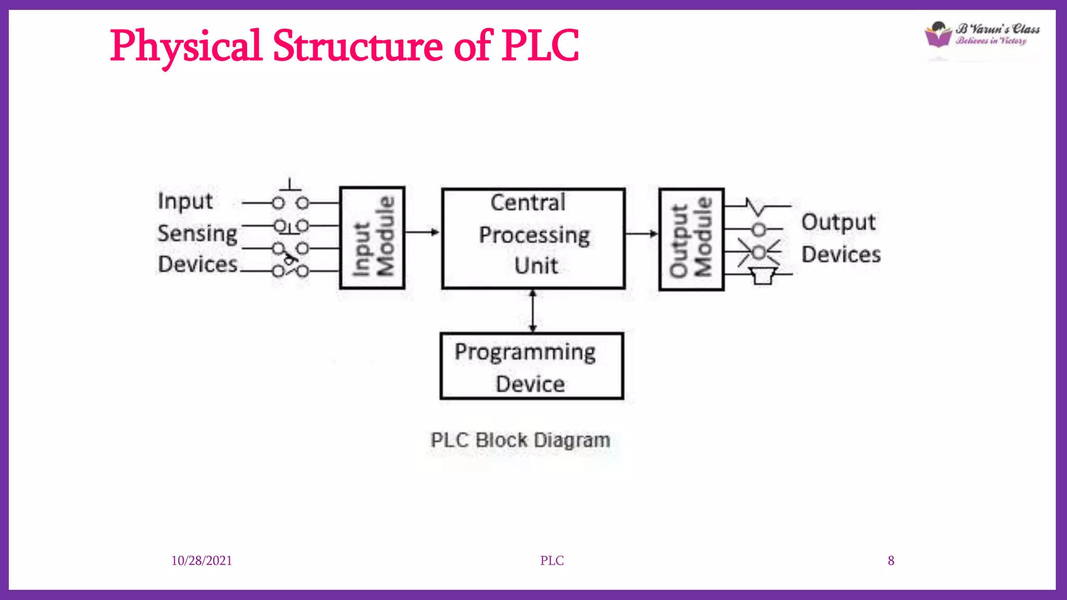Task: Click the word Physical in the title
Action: pos(185,47)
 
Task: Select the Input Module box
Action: pos(372,238)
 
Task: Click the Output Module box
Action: pos(691,239)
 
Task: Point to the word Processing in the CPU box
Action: pos(534,235)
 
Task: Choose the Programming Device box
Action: pos(531,366)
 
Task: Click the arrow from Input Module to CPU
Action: pos(422,232)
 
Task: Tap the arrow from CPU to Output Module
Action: pos(641,233)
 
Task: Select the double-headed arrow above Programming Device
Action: pos(532,311)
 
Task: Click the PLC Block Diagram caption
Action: pos(520,440)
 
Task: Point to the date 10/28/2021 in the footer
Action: pos(202,560)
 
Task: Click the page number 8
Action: pos(891,560)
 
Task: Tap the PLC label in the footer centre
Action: pos(552,560)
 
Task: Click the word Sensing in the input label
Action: pos(197,233)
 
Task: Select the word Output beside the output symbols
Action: pos(838,222)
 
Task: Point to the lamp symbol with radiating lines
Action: pos(759,253)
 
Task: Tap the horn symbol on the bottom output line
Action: pos(763,276)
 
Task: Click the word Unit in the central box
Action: pos(536,266)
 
